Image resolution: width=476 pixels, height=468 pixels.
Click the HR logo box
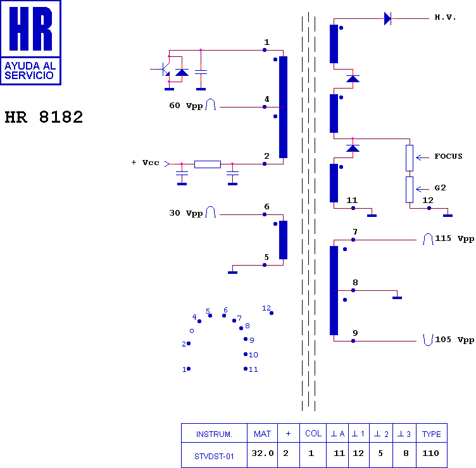click(30, 42)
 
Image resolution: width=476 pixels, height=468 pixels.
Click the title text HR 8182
click(44, 118)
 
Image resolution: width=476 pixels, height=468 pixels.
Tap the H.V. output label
click(445, 18)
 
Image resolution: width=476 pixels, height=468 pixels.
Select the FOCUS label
click(448, 156)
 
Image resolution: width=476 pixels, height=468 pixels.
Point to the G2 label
click(441, 188)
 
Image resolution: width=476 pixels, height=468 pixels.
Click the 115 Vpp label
click(454, 239)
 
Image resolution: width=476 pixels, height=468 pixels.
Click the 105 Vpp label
click(454, 340)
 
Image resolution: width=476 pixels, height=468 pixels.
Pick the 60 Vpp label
click(185, 106)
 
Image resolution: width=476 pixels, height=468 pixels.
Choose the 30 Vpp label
click(185, 213)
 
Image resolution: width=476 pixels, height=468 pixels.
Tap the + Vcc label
click(145, 163)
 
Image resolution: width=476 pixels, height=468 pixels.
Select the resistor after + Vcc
click(207, 164)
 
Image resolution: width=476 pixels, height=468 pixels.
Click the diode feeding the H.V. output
click(387, 18)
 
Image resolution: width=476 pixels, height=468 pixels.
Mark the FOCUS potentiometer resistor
click(410, 157)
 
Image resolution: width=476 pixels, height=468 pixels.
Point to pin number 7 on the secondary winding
click(355, 232)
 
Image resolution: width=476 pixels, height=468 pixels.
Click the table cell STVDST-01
click(213, 453)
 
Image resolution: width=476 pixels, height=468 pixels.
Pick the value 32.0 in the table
click(263, 453)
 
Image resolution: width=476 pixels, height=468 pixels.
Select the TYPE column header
click(431, 434)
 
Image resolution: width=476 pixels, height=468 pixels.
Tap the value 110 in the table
click(431, 453)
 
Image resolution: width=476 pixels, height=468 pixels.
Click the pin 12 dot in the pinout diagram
click(272, 313)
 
